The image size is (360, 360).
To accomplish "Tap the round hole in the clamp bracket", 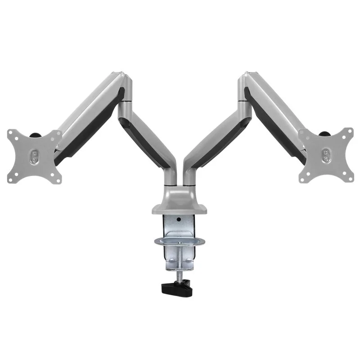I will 179,220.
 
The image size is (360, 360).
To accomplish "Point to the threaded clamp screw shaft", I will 182,263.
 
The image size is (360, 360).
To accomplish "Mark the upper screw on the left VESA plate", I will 33,153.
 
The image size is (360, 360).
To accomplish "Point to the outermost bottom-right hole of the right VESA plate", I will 348,177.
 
